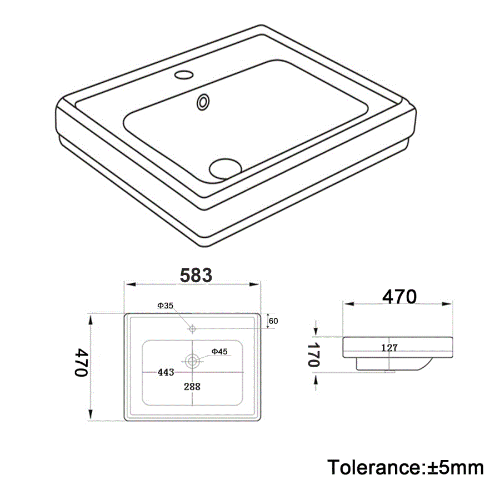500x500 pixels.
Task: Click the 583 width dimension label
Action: pos(195,274)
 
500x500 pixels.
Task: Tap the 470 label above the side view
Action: pos(398,297)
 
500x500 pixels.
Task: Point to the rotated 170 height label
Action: pos(314,354)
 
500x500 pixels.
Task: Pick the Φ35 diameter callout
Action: pos(166,306)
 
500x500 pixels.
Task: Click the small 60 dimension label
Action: pos(273,321)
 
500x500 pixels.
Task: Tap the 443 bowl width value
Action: pos(165,372)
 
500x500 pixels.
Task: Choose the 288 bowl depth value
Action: pos(192,387)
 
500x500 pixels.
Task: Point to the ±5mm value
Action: pos(456,467)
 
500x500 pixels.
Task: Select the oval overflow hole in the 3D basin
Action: pos(204,102)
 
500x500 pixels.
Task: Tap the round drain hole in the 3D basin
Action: pos(226,167)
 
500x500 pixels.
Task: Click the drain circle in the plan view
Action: pos(192,361)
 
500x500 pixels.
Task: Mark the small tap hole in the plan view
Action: pos(192,328)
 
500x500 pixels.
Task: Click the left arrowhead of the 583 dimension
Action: pos(128,284)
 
